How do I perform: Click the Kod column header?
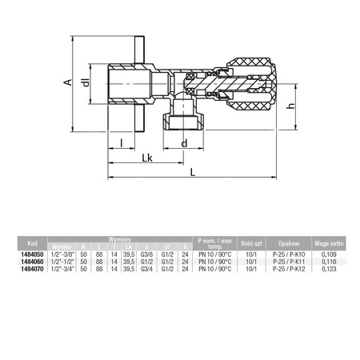tap(32, 244)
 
